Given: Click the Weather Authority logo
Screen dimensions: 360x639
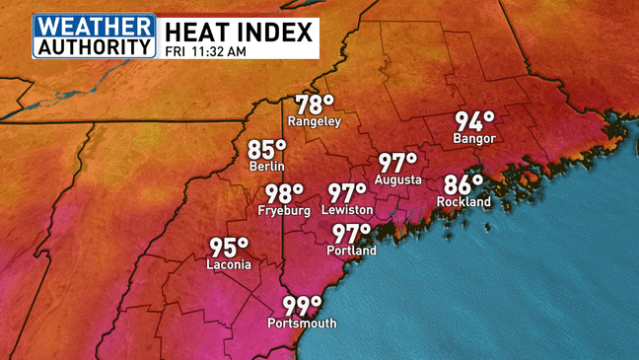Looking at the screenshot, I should tap(95, 36).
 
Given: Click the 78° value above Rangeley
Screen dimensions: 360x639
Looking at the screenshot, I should tap(315, 104).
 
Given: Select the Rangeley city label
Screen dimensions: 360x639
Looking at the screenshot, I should tap(314, 121).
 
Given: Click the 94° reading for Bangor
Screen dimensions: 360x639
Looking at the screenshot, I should tap(473, 121).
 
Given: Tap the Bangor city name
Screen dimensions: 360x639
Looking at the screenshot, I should tap(473, 139).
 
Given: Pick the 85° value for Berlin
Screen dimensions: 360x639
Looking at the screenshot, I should tap(266, 150).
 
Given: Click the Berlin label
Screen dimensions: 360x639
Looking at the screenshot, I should tap(266, 167).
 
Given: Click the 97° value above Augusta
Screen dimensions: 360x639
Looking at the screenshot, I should tap(398, 163).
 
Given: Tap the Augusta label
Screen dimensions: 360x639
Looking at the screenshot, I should tap(397, 180).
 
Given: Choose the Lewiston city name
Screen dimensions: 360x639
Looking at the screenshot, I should tap(347, 210).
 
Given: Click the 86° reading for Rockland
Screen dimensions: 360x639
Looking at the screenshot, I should tap(463, 184).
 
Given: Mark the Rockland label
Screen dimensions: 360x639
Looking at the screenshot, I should tap(463, 202).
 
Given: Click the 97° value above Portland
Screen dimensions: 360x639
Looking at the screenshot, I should tap(351, 234).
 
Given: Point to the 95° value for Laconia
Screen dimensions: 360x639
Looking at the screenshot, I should tap(230, 248).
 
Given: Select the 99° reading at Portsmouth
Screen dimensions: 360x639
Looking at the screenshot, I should tap(303, 306).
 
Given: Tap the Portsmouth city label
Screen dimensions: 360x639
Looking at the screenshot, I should tap(302, 324).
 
